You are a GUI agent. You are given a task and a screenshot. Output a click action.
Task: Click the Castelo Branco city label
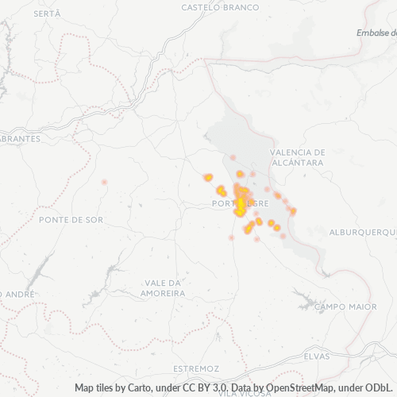pyautogui.click(x=220, y=7)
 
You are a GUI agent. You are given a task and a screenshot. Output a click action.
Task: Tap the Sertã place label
pyautogui.click(x=47, y=14)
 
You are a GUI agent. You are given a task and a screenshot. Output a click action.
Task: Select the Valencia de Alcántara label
pyautogui.click(x=298, y=156)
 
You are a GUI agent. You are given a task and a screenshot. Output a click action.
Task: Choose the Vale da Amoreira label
pyautogui.click(x=165, y=287)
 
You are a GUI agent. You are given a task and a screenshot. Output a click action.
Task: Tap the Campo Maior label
pyautogui.click(x=345, y=306)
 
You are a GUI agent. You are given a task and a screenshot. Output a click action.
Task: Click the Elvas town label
pyautogui.click(x=316, y=357)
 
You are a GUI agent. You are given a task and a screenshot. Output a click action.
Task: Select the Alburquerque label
pyautogui.click(x=362, y=232)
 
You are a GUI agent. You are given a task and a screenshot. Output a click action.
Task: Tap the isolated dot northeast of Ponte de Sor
pyautogui.click(x=104, y=182)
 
